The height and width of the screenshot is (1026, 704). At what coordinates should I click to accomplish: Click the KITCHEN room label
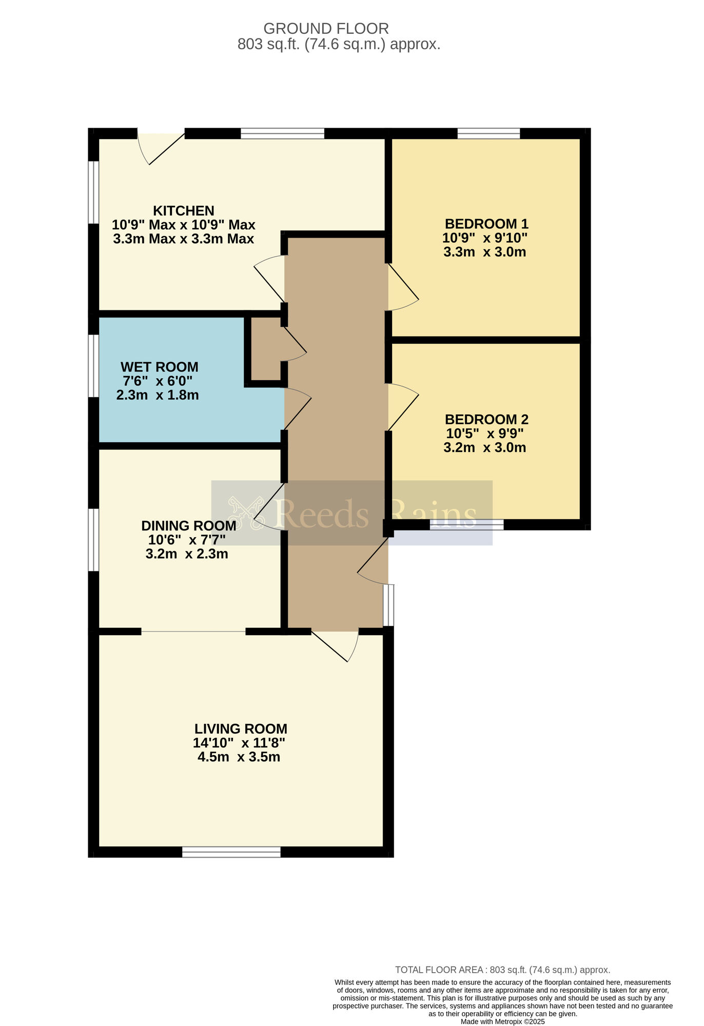click(x=184, y=211)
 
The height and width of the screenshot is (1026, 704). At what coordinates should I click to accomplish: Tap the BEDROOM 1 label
click(x=486, y=224)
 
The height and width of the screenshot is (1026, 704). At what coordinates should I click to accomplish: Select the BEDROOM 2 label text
click(x=486, y=420)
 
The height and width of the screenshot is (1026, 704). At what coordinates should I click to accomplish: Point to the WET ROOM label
click(x=159, y=367)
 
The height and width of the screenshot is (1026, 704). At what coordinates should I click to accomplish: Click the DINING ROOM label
click(x=189, y=526)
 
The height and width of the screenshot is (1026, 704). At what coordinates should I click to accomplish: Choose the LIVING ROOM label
click(x=241, y=729)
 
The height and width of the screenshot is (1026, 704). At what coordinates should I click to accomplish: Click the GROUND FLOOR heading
click(x=326, y=28)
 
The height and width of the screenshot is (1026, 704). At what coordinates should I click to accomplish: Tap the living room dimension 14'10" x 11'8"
click(x=239, y=743)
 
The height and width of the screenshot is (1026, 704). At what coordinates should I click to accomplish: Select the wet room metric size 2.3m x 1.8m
click(x=158, y=396)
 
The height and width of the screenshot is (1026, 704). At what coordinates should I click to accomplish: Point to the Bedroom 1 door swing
click(x=403, y=287)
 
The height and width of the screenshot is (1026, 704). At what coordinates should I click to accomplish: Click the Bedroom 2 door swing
click(x=403, y=407)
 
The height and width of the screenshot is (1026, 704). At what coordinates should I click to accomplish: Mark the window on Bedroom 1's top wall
click(x=488, y=133)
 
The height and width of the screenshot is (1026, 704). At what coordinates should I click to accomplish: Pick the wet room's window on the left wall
click(x=93, y=366)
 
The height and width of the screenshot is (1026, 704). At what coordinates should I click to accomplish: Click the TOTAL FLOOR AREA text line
click(x=502, y=970)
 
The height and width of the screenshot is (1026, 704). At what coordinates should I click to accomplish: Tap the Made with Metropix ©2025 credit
click(x=502, y=1021)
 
